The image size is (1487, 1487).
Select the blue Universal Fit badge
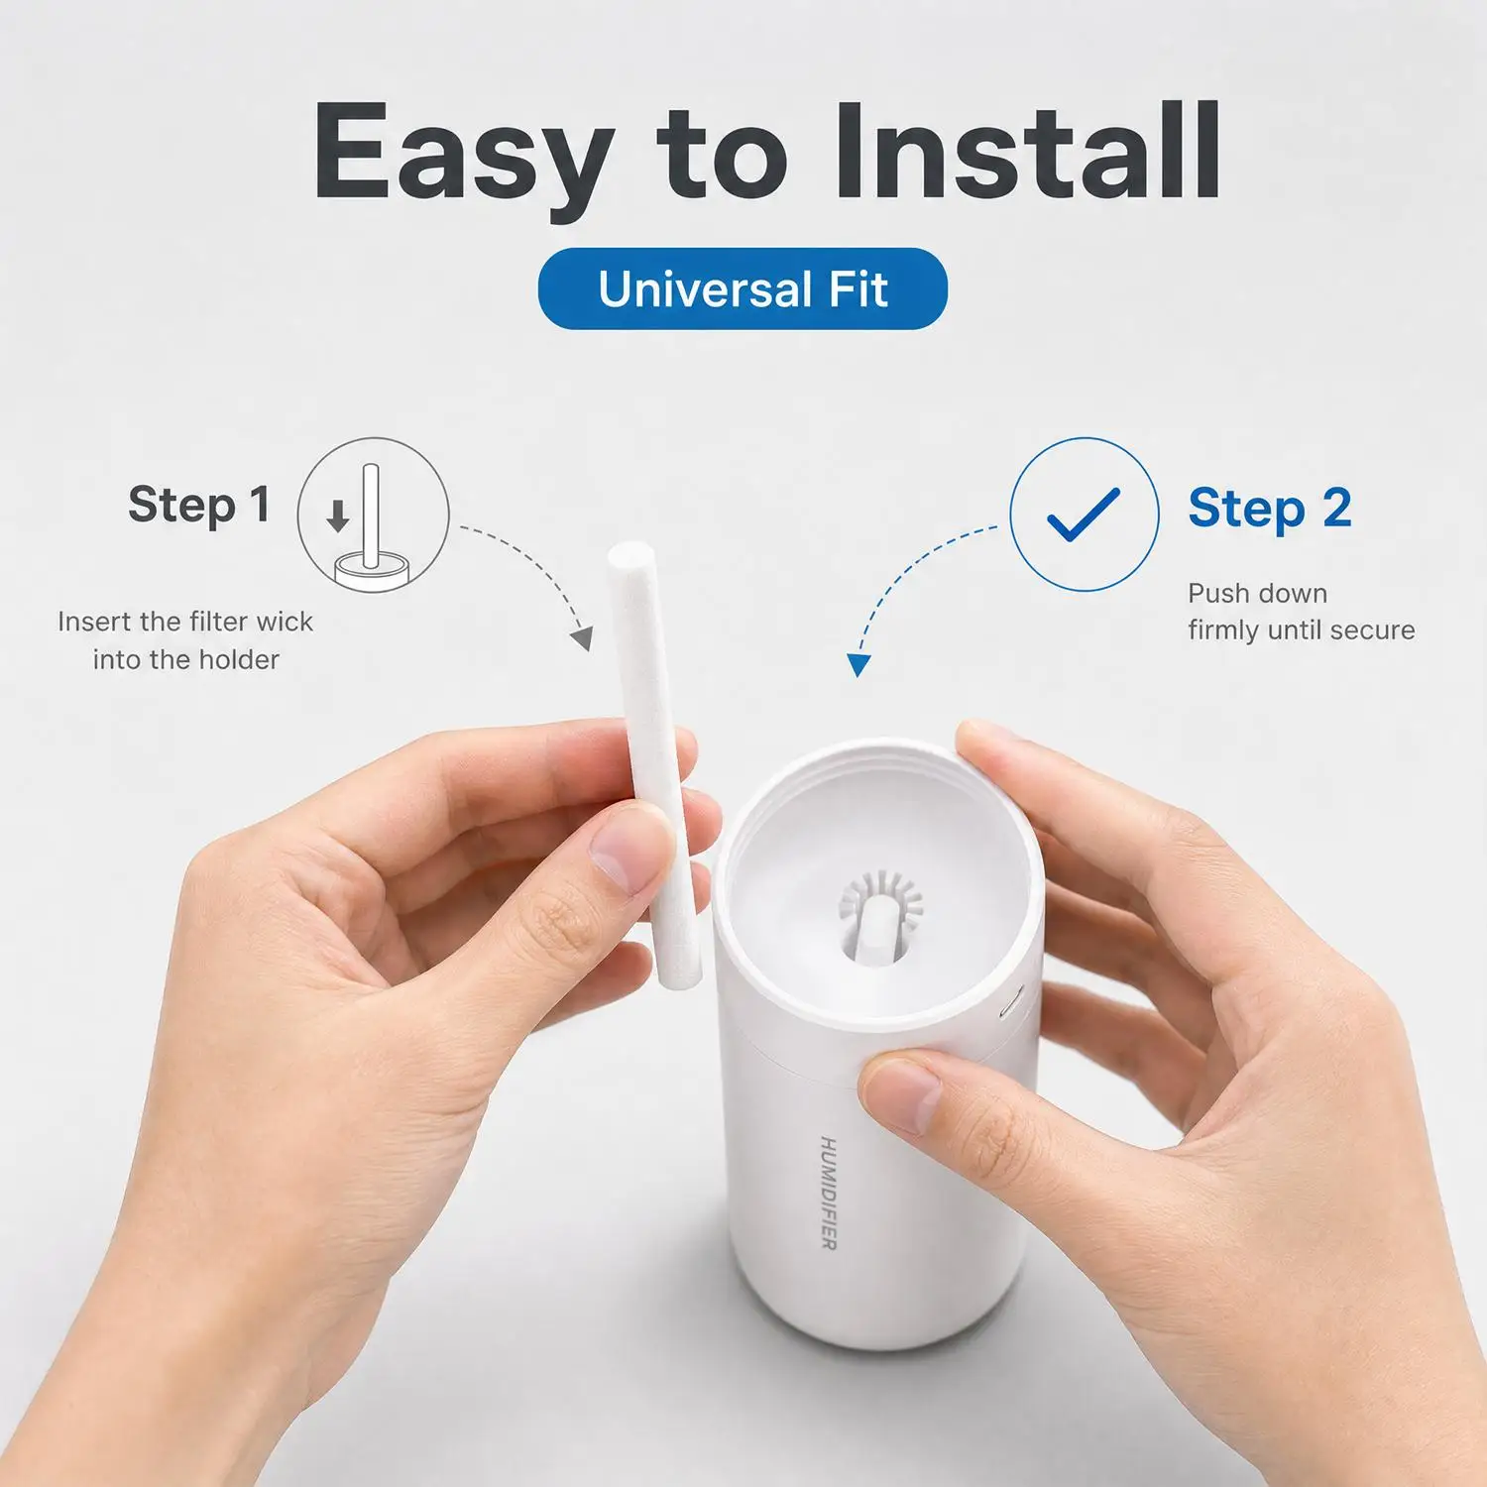click(x=743, y=288)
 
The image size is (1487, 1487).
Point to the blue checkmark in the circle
click(x=1084, y=515)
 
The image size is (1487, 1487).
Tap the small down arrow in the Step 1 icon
click(x=338, y=515)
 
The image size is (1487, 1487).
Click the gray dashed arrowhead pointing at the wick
click(x=583, y=638)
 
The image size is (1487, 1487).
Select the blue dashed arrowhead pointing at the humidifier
click(x=858, y=665)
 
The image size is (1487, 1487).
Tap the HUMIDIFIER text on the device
click(x=829, y=1193)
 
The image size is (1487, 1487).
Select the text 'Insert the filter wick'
click(x=185, y=622)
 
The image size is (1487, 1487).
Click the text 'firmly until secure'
click(x=1302, y=629)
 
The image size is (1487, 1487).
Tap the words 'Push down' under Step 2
click(x=1257, y=593)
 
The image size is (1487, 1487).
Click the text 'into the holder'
click(x=186, y=659)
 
